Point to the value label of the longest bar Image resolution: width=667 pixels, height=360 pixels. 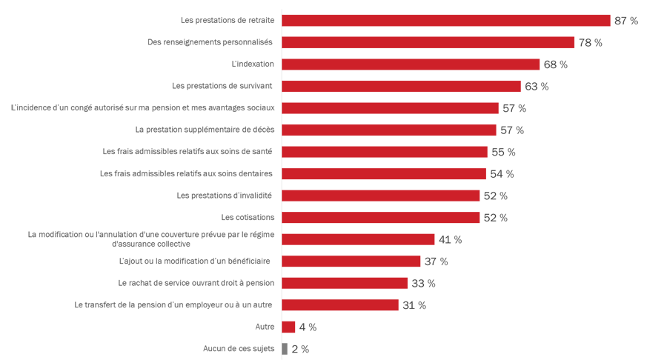pos(626,20)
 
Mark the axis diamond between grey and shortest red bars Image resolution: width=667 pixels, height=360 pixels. pos(279,336)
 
